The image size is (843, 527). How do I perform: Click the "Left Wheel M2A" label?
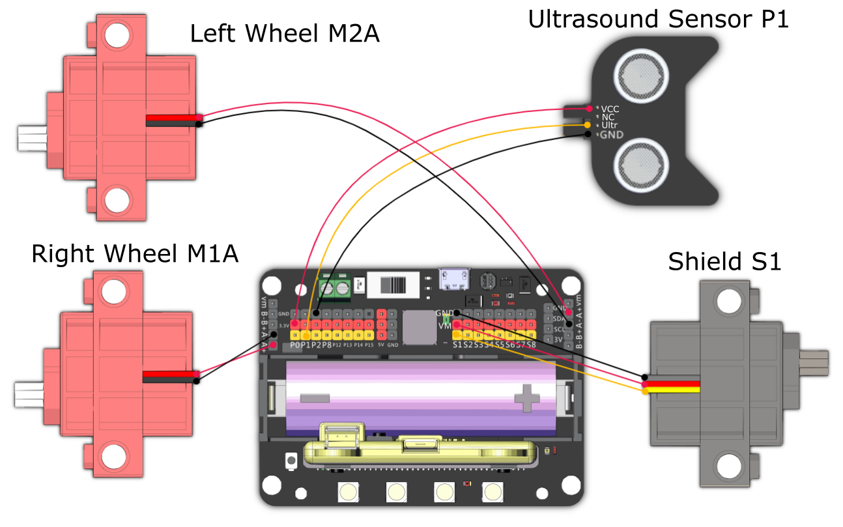pos(285,33)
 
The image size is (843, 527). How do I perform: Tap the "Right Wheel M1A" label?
pos(134,254)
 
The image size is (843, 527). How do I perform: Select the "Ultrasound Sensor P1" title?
pos(658,20)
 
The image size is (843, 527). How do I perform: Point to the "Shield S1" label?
pos(724,262)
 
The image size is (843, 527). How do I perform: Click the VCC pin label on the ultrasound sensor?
pos(610,108)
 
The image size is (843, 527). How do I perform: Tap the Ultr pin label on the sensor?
pos(610,124)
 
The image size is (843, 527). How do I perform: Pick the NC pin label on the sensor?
pos(607,117)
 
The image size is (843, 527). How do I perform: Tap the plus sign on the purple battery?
pos(526,397)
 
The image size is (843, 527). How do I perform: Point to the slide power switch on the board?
pos(393,285)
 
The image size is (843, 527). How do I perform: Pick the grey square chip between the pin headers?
pos(419,327)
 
